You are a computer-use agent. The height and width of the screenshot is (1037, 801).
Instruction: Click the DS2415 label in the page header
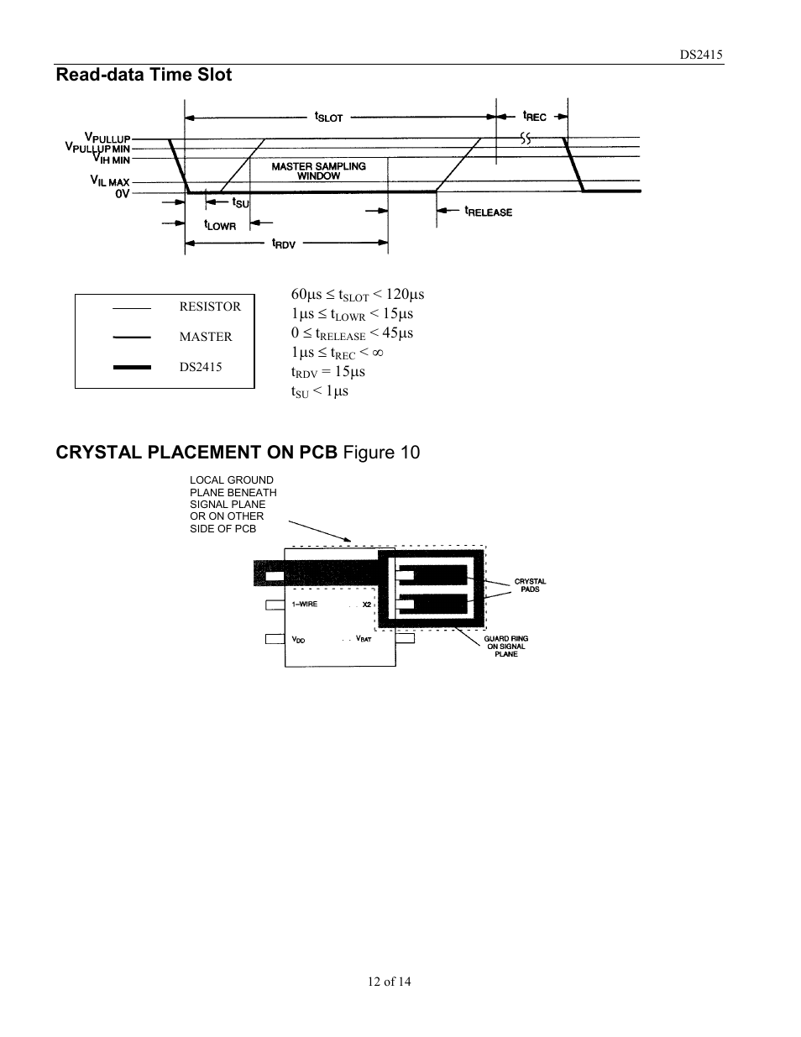pos(701,55)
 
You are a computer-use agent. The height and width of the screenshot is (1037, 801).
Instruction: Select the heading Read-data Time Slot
pos(144,75)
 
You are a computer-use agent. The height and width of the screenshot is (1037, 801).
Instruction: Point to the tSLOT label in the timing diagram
pos(328,117)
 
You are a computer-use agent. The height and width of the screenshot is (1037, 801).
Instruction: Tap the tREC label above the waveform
pos(534,116)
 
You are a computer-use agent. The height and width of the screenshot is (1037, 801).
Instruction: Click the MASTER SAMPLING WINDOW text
pos(318,171)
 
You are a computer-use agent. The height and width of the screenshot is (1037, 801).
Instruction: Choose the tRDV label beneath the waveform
pos(283,244)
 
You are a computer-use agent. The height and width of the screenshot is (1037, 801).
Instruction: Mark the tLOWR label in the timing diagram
pos(220,225)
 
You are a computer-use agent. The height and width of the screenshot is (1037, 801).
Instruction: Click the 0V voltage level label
pos(123,193)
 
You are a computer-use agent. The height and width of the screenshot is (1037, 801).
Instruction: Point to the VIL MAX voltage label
pos(110,181)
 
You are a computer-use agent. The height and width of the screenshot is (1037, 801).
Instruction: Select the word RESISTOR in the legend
pos(210,306)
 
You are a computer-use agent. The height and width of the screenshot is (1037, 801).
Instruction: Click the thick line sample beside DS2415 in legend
pos(132,367)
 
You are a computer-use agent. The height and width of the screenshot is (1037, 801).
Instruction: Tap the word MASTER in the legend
pos(205,337)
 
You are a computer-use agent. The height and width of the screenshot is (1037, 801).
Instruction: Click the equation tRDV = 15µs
pos(328,372)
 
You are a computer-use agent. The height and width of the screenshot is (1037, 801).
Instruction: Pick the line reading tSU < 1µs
pos(320,391)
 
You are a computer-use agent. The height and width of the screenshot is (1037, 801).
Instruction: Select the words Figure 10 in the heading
pos(381,453)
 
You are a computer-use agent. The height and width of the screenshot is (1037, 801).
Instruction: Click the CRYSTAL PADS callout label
pos(530,585)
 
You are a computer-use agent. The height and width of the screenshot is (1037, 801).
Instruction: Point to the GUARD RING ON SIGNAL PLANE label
pos(505,647)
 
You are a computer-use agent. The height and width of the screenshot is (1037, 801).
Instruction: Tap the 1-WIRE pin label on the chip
pos(305,605)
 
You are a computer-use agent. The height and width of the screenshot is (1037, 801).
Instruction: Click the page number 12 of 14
pos(389,982)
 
